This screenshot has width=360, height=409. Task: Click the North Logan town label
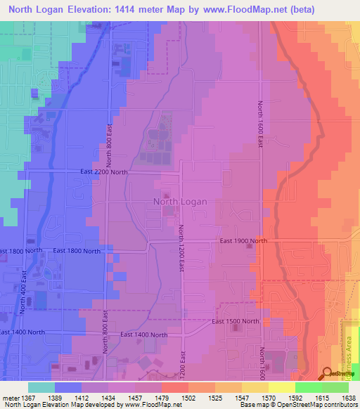click(180, 202)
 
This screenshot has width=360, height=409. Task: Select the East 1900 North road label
click(243, 241)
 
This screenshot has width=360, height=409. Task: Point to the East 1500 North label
click(236, 321)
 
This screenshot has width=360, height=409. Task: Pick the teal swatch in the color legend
click(41, 387)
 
